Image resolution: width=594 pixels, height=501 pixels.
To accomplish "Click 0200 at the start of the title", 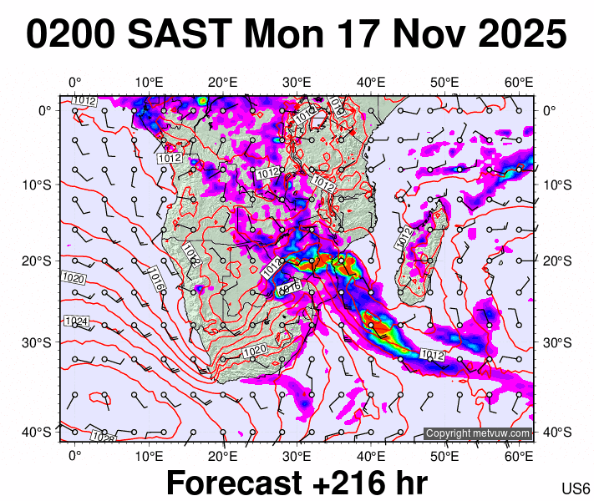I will [x=72, y=35].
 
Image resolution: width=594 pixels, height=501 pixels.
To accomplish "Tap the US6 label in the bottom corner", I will [x=576, y=488].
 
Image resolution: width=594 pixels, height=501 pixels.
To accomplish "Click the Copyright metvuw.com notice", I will [x=478, y=433].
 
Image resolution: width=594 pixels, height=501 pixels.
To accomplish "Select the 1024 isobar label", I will [x=76, y=321].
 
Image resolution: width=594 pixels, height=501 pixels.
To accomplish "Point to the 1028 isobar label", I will [x=104, y=437].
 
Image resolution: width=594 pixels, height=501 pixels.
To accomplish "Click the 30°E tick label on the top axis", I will [x=297, y=82].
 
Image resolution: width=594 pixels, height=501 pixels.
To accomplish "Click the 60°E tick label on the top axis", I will [x=520, y=82].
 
